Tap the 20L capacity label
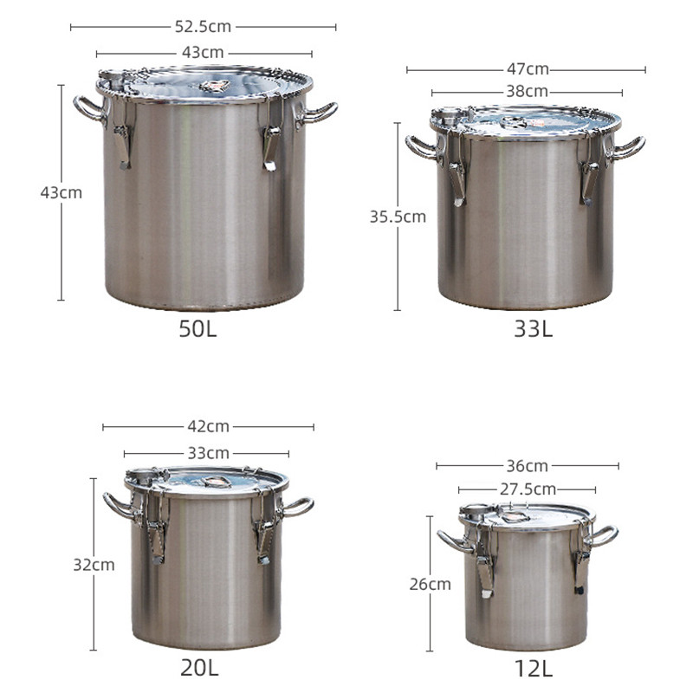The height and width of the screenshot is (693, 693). point(199,668)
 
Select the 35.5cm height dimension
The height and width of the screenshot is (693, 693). point(398,217)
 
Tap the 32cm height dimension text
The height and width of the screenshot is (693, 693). point(94,565)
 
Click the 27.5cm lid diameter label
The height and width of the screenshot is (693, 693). point(528,489)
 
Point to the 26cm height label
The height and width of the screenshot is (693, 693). point(430,584)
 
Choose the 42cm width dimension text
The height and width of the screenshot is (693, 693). point(209,426)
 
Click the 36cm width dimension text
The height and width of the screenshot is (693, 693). point(528,466)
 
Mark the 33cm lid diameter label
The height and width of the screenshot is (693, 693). point(208,452)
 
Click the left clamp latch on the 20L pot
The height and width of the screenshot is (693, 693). point(156,534)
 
